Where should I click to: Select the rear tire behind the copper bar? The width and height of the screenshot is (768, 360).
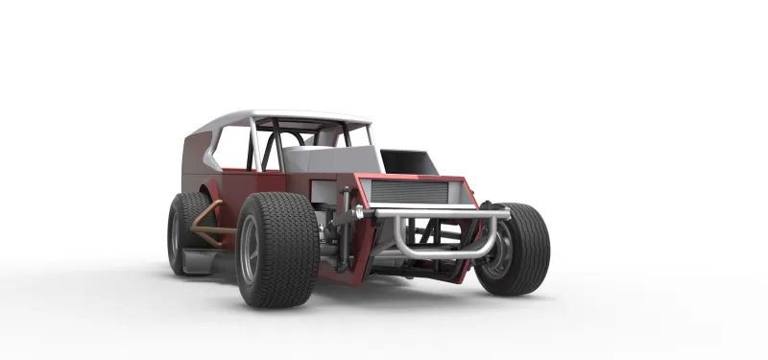184,230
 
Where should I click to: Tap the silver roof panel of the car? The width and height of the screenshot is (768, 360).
288,118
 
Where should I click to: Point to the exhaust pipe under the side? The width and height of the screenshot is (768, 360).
206,257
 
